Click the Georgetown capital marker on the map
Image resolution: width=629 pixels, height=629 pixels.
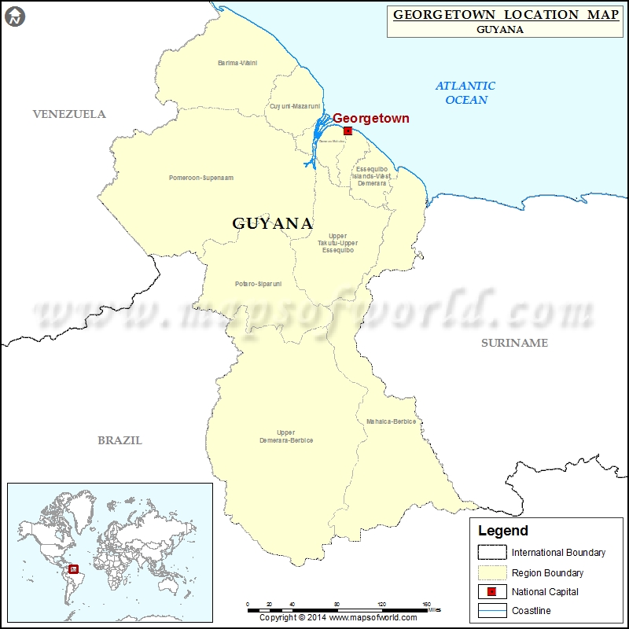(x=348, y=131)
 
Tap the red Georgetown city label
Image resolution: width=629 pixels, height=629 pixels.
(x=370, y=118)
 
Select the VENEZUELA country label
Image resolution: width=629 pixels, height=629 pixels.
(x=69, y=114)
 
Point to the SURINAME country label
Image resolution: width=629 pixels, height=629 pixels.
(x=514, y=343)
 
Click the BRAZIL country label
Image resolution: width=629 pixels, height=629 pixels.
(x=120, y=440)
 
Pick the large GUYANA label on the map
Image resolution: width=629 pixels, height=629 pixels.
(x=272, y=223)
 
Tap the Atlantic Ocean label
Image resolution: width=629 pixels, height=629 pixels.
(x=465, y=93)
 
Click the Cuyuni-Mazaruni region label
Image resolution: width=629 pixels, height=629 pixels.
(x=295, y=105)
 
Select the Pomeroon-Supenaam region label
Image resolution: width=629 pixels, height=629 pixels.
(x=201, y=178)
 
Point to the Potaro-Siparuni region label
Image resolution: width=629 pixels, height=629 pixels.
(x=258, y=283)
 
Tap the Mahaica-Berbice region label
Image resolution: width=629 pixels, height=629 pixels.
(x=391, y=421)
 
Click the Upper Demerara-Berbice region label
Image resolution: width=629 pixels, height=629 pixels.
(x=286, y=436)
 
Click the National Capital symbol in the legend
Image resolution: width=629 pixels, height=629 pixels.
(x=491, y=591)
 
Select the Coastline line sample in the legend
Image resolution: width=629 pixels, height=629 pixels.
(x=491, y=611)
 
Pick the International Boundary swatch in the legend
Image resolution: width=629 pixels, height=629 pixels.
(x=491, y=552)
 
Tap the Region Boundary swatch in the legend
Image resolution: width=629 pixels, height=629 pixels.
(x=491, y=572)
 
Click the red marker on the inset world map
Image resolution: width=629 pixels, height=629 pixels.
(x=74, y=569)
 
